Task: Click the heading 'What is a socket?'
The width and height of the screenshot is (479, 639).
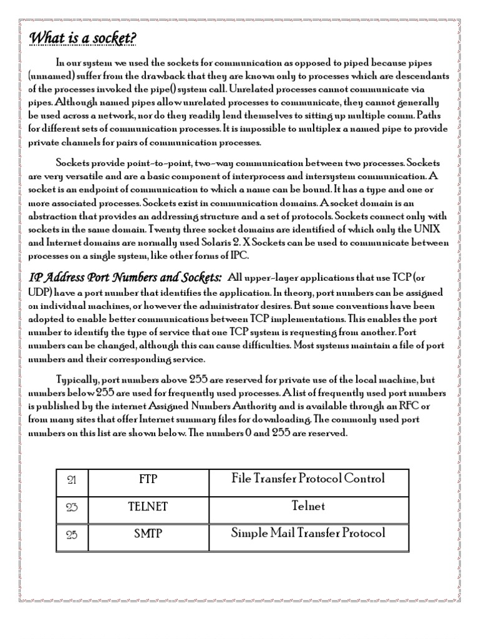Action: tap(83, 39)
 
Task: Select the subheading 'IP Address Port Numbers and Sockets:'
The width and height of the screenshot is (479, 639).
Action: tap(125, 277)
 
